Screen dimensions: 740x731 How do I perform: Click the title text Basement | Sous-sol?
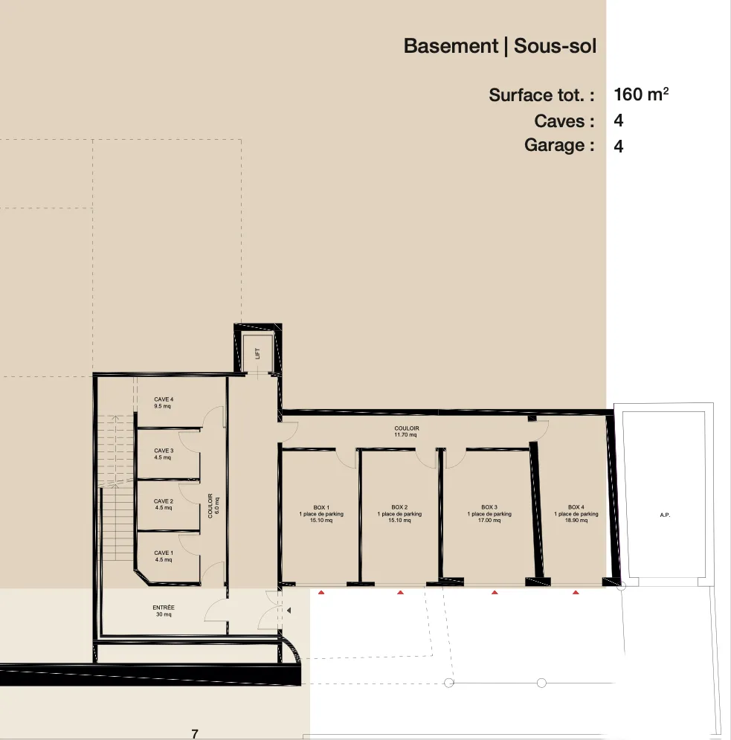click(x=500, y=46)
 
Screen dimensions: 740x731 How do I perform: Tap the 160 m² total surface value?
click(x=641, y=94)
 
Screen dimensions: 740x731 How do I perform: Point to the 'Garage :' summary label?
click(x=558, y=145)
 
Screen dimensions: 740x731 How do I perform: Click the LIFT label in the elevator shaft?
click(x=258, y=355)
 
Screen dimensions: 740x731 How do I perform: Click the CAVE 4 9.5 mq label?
click(x=163, y=403)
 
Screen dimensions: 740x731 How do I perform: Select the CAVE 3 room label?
click(x=163, y=454)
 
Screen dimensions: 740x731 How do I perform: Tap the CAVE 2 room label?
click(x=163, y=505)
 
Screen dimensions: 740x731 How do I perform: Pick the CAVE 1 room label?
click(x=163, y=556)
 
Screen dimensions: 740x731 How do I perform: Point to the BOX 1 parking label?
click(x=321, y=514)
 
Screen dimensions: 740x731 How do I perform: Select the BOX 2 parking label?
click(x=399, y=514)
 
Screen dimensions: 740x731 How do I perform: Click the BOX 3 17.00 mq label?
click(x=489, y=514)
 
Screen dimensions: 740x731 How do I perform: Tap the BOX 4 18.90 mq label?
click(x=576, y=514)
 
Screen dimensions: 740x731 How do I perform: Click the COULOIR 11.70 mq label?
click(x=406, y=431)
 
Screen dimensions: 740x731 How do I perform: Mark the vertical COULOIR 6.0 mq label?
click(x=213, y=506)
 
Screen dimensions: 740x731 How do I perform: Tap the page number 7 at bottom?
click(x=195, y=734)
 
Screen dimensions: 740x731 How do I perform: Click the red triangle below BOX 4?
click(x=576, y=593)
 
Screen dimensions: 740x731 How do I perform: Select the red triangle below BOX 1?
click(x=321, y=593)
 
